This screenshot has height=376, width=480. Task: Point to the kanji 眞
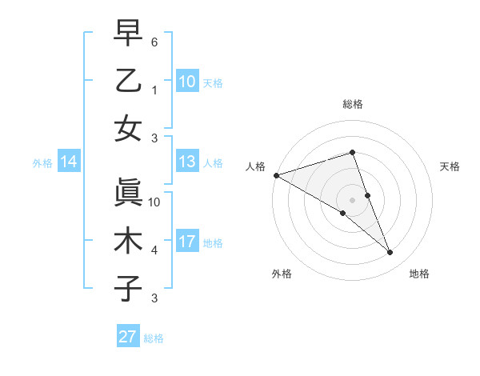128,193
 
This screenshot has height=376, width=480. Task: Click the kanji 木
128,241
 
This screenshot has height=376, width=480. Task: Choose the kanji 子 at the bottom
128,289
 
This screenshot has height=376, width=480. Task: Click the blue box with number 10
187,82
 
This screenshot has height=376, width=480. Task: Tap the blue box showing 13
187,162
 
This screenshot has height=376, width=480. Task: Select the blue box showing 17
187,242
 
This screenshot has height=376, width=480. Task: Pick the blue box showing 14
69,162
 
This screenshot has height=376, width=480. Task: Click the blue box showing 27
128,337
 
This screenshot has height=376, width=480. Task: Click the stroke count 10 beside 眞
154,202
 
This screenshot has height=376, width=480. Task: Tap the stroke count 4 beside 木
154,250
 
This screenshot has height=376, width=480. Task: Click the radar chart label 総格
352,105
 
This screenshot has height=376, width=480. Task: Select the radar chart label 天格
450,166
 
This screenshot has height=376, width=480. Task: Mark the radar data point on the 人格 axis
276,175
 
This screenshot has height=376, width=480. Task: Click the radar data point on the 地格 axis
390,253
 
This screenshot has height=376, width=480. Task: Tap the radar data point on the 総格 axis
352,152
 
